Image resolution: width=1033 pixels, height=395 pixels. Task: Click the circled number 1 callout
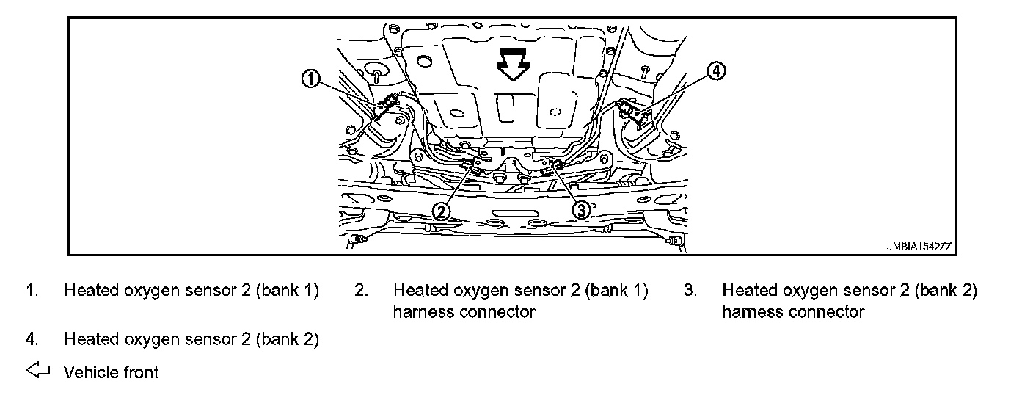pos(311,79)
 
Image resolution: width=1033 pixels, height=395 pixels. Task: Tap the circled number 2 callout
pos(440,211)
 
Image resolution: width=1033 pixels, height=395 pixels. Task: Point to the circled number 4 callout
pos(716,70)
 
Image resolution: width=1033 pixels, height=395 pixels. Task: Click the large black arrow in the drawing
pos(512,68)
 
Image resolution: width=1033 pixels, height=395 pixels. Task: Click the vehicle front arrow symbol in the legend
pos(37,372)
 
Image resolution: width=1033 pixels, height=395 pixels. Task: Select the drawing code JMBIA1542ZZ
pos(918,247)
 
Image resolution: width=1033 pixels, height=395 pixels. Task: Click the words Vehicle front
pos(111,372)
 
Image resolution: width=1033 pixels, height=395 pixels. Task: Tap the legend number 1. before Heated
pos(32,291)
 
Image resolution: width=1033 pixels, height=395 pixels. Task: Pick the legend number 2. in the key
pos(360,291)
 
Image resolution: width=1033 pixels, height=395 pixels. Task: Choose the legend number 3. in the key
pos(690,291)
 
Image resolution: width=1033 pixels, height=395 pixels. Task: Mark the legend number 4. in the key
pos(32,339)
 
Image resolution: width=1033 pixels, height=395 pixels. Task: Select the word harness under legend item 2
pos(423,312)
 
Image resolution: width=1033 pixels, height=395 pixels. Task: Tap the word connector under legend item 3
pos(828,312)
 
